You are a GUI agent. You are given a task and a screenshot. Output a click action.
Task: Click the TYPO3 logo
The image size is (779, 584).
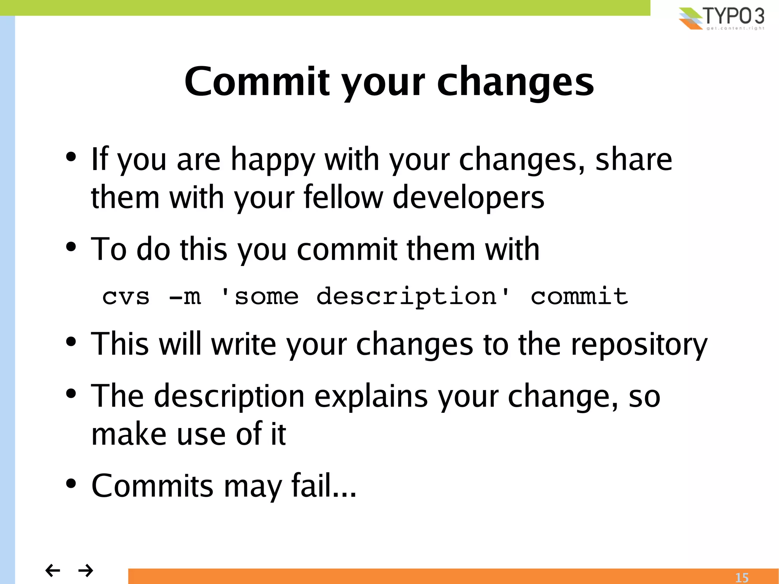coord(722,18)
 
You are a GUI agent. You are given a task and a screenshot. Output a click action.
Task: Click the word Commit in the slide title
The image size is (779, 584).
coord(257,82)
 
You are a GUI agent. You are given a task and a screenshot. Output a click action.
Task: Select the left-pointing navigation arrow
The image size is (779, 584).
coord(52,570)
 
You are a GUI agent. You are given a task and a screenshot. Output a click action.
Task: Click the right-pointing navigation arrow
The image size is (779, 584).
coord(86,570)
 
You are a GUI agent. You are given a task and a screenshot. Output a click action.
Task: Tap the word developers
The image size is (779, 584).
coord(468,198)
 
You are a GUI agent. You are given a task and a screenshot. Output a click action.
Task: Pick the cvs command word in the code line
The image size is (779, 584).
coord(126,297)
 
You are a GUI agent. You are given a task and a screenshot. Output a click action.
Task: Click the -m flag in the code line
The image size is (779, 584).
coord(185,297)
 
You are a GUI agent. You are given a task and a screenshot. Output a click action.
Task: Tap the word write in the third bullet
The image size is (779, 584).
coord(243,344)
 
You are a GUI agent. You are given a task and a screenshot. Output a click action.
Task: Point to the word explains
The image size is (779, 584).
coord(371,397)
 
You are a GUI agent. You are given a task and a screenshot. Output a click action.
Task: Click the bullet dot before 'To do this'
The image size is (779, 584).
coord(71,247)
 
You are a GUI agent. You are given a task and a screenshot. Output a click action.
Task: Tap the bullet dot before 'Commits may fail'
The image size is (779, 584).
coord(71,484)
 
